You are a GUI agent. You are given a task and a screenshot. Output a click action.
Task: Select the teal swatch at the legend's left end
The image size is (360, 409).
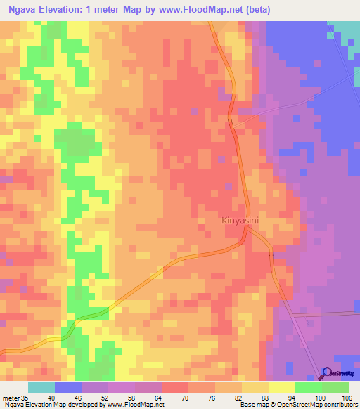[41, 387]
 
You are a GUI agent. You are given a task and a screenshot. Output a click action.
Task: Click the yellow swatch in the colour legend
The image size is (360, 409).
[282, 387]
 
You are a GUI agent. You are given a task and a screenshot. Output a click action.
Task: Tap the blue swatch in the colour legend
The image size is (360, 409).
[68, 387]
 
